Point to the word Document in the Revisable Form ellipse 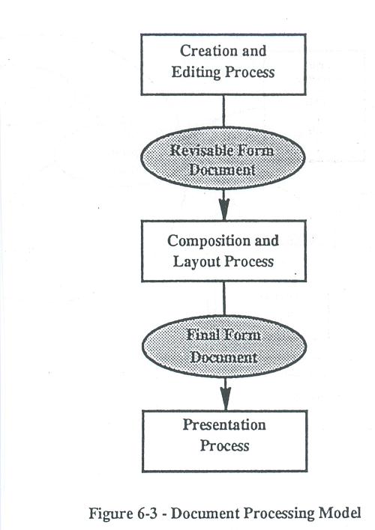222,170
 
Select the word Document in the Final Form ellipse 223,357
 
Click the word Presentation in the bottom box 224,425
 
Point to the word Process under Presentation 224,446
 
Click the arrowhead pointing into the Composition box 224,209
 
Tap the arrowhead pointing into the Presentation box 225,399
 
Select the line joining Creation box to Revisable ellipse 223,112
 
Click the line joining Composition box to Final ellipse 224,299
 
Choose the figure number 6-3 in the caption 147,514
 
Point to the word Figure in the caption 111,514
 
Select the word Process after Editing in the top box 250,73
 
